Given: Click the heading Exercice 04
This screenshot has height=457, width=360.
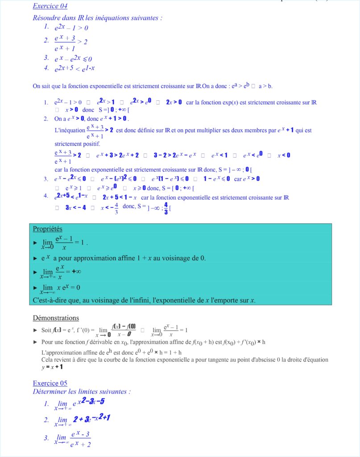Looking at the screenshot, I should pyautogui.click(x=50, y=6).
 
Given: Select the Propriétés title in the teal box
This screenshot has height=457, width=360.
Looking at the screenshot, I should pyautogui.click(x=48, y=229).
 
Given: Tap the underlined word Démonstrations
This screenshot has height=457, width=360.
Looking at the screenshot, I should pyautogui.click(x=56, y=318).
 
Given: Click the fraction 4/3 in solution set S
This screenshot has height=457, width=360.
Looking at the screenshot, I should pyautogui.click(x=166, y=208).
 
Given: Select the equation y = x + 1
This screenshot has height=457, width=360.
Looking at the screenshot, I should pyautogui.click(x=52, y=367).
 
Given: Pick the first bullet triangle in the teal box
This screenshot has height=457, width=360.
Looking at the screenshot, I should pyautogui.click(x=36, y=242).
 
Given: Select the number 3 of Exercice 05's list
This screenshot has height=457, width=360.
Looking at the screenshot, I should pyautogui.click(x=46, y=438).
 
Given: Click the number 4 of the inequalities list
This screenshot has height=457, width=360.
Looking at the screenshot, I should pyautogui.click(x=46, y=68).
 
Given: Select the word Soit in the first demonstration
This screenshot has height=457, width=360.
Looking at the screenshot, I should pyautogui.click(x=47, y=330).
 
